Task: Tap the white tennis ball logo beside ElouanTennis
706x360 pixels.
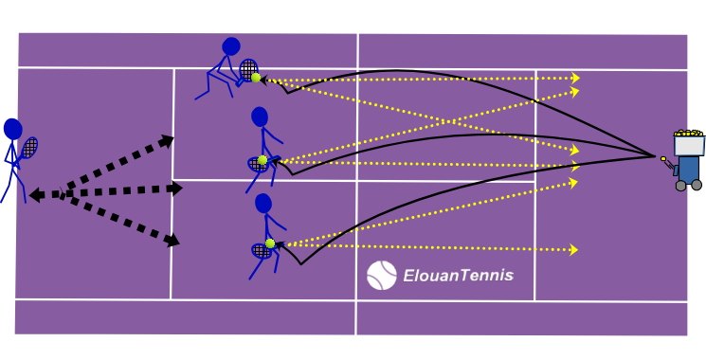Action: (381, 276)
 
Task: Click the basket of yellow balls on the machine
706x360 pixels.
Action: (688, 142)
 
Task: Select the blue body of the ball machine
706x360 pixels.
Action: (688, 168)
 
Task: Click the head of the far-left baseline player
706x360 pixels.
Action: (12, 128)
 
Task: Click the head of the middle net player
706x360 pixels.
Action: (260, 117)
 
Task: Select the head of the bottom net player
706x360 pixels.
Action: (263, 203)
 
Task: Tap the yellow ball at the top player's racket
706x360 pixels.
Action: (256, 79)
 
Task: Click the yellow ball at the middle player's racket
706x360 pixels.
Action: (262, 160)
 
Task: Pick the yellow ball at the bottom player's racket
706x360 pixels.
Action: (270, 243)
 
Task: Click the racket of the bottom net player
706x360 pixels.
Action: (260, 251)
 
